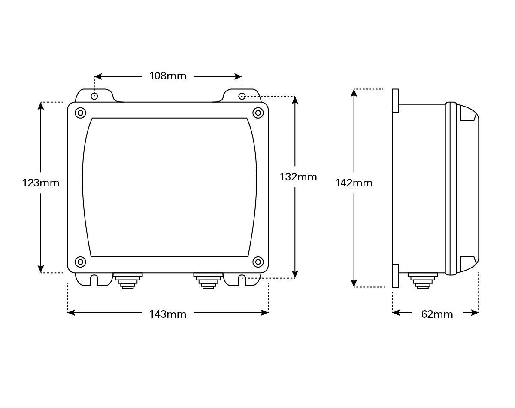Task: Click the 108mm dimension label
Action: click(168, 76)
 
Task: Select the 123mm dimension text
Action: click(41, 183)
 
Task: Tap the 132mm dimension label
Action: click(298, 177)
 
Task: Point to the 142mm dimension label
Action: click(354, 183)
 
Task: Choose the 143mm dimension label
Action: click(168, 314)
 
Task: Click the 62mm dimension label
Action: click(437, 314)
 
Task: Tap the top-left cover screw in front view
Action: click(80, 113)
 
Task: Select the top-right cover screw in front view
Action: click(258, 113)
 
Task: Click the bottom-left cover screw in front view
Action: click(80, 262)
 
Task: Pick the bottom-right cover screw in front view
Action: click(258, 262)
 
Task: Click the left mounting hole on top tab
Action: click(94, 96)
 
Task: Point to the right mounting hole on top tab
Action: click(242, 96)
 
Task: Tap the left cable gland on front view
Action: click(127, 280)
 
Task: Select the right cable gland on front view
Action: click(208, 280)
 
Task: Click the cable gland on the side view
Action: click(423, 280)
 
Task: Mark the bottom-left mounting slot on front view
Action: click(94, 280)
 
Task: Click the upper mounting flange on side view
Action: click(396, 100)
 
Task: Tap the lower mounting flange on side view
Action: click(396, 276)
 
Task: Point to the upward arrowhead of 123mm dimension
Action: click(41, 106)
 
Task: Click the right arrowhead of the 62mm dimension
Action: click(475, 312)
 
